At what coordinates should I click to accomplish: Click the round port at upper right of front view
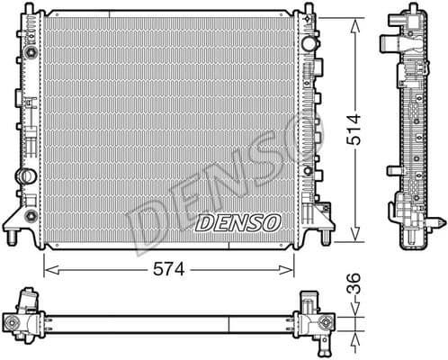(309, 42)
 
